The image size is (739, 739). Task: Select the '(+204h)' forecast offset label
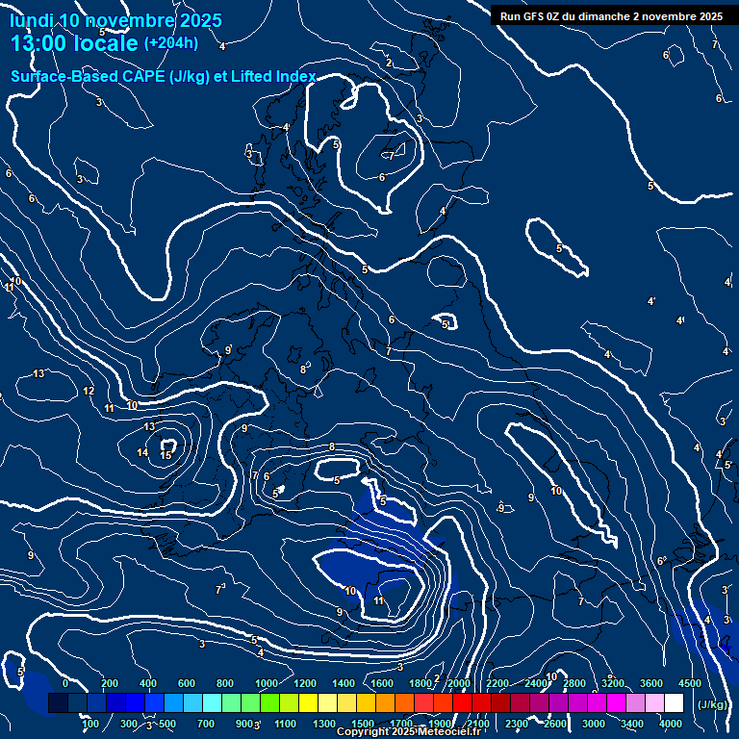(171, 42)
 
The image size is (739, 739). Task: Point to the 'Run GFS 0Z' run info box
(611, 15)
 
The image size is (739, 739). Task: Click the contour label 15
(166, 454)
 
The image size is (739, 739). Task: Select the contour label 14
(142, 452)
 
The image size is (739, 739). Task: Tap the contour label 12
(89, 391)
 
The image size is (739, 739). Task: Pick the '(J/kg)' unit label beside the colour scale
(712, 704)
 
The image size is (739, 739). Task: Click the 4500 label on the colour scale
(689, 683)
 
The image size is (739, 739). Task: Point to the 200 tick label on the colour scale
(110, 683)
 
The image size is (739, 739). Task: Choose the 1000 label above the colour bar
(267, 683)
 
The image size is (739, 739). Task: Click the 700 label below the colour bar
(206, 724)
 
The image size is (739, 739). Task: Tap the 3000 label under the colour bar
(593, 724)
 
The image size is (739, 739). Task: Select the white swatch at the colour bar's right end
(674, 703)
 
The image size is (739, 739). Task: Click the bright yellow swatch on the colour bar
(327, 703)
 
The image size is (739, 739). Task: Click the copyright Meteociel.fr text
(408, 732)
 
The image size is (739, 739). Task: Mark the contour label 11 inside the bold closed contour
(378, 600)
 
